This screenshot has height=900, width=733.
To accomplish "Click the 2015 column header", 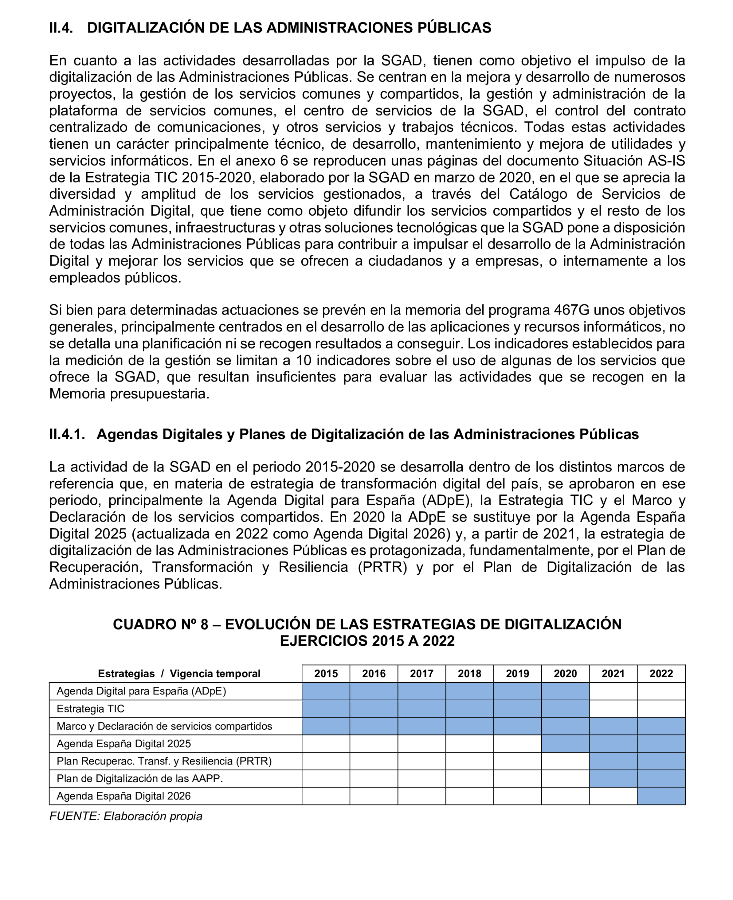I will click(x=325, y=673).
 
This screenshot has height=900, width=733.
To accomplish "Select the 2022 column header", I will click(x=661, y=673).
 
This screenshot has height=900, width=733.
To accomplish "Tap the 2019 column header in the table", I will click(x=517, y=673).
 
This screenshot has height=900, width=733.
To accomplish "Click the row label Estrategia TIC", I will click(x=90, y=709).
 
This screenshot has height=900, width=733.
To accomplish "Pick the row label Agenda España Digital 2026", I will click(x=123, y=796).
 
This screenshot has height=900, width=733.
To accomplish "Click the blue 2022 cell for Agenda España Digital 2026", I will click(x=661, y=796).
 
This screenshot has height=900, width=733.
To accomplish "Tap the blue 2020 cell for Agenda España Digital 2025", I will click(x=565, y=744).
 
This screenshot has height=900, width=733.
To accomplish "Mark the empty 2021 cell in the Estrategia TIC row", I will click(x=613, y=709).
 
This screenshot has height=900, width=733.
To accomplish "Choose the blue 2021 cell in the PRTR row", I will click(x=613, y=761).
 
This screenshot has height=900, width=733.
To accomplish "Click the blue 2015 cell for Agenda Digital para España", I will click(x=325, y=691).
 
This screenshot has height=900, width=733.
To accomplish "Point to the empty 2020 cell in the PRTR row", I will click(x=565, y=761).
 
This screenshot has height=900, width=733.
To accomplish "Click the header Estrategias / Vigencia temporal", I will click(x=179, y=673).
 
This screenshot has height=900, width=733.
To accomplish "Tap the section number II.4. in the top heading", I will click(x=61, y=28).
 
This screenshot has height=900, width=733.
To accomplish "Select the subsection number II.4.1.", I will click(x=67, y=434).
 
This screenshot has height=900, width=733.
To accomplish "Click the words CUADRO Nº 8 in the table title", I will click(x=160, y=624).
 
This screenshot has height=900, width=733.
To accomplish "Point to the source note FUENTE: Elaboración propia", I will click(x=126, y=816).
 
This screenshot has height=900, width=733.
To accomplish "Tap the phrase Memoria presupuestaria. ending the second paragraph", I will click(x=129, y=394).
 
